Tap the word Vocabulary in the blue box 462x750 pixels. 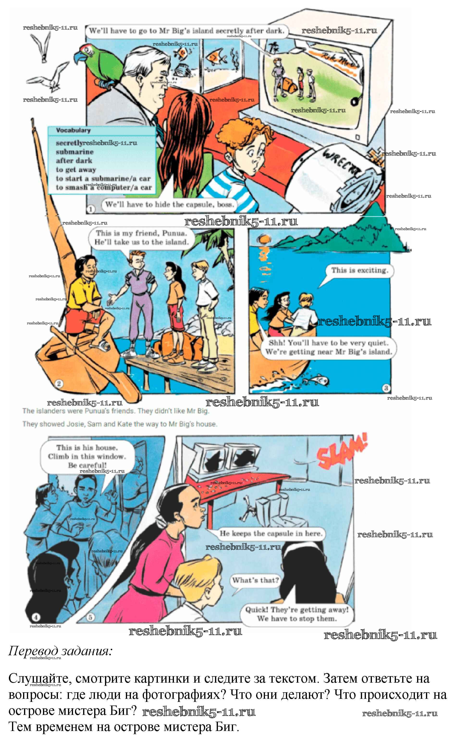point(73,131)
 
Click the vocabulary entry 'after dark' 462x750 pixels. point(74,161)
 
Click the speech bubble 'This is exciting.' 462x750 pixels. point(359,270)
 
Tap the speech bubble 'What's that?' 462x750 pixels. point(255,580)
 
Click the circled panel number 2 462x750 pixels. point(59,383)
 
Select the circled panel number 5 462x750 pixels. point(90,617)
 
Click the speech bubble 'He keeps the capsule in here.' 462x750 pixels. point(271,533)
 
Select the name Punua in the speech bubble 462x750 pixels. point(174,233)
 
